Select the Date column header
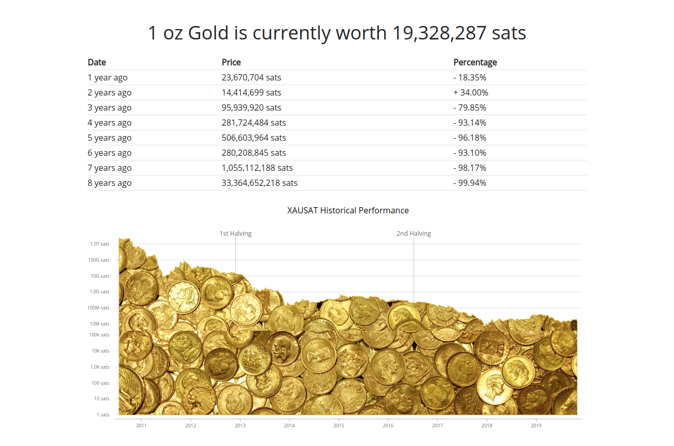97,62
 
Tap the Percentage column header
475,62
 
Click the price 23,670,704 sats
251,77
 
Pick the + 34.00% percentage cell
471,92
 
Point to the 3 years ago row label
109,107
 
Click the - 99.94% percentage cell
470,183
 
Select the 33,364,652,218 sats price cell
259,183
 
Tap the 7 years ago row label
109,168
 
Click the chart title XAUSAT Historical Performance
348,210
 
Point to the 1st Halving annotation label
235,234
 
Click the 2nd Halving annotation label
414,234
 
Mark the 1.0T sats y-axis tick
100,244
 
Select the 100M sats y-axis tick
99,308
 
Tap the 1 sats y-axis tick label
103,415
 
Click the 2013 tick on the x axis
240,426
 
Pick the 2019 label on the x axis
536,426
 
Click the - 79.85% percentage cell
470,107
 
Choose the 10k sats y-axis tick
101,351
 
